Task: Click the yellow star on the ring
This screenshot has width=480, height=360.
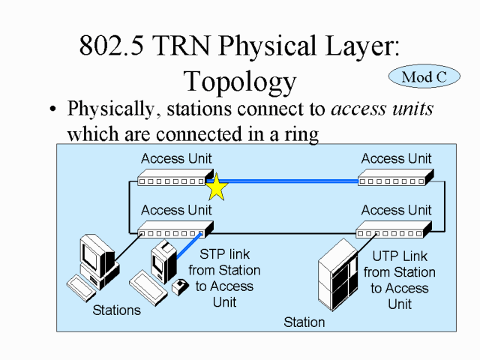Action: click(x=216, y=187)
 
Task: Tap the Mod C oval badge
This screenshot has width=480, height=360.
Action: click(x=424, y=76)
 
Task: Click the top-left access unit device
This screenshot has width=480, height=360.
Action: click(x=171, y=179)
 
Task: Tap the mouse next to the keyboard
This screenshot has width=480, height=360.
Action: click(x=181, y=286)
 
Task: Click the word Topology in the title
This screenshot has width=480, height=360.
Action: click(x=240, y=80)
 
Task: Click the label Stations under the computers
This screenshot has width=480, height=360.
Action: click(x=116, y=310)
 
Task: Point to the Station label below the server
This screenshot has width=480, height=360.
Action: click(x=304, y=322)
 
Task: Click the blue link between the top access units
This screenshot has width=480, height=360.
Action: click(x=292, y=181)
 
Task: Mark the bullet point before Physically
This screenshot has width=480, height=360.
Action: click(x=52, y=110)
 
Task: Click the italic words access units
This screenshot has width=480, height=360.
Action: click(x=382, y=109)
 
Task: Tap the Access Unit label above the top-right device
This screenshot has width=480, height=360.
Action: click(x=396, y=158)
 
